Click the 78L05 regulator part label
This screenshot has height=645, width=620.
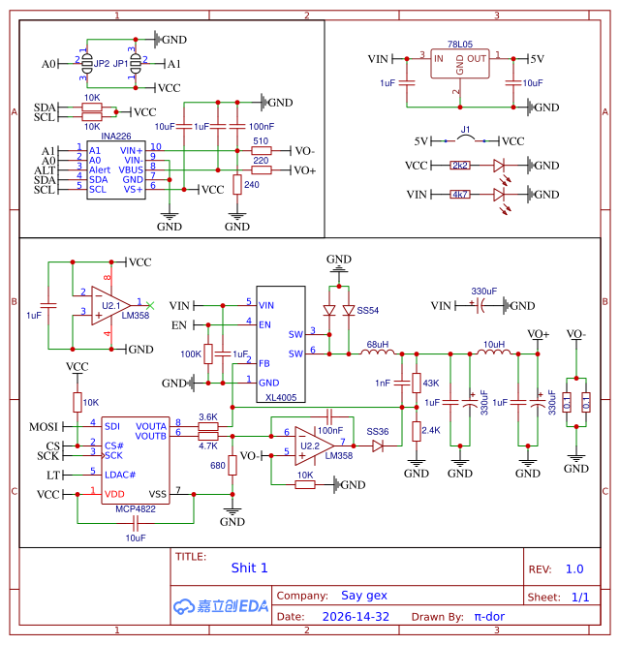pos(460,45)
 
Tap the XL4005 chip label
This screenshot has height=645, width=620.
pos(280,397)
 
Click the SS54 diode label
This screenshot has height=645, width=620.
pos(368,311)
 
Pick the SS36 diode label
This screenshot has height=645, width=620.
pos(378,431)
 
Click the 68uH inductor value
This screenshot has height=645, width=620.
pos(378,345)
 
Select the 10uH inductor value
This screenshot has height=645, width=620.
pos(494,345)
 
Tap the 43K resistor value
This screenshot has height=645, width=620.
pos(431,384)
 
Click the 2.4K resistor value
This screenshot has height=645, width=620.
pos(432,430)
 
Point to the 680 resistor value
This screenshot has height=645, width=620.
pos(218,466)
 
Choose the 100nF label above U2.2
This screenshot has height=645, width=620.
pos(330,429)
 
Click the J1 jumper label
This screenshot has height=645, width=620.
pos(465,129)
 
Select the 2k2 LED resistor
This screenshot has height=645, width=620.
pos(460,166)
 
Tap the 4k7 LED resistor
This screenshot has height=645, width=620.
pos(460,195)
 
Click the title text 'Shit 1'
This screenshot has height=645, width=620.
pos(249,568)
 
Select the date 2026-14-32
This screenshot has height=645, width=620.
pos(356,616)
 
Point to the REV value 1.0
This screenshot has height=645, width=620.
pos(574,569)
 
